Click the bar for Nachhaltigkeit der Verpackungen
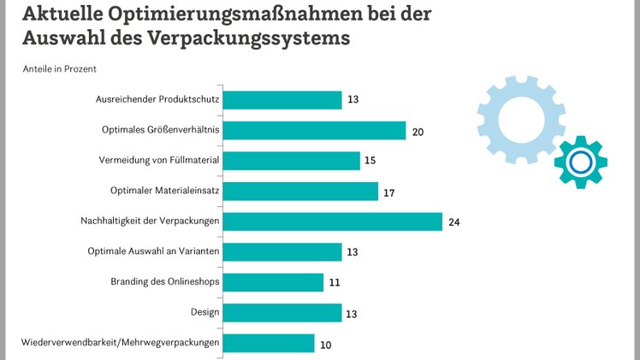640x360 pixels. tap(333, 221)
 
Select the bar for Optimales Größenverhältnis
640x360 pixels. tap(314, 131)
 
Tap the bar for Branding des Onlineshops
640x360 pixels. tap(274, 282)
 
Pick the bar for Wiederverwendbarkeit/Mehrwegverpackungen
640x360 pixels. tap(269, 343)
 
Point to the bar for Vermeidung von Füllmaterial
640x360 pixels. tap(292, 161)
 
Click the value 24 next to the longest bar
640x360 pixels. tap(455, 222)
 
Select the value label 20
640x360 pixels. tap(418, 132)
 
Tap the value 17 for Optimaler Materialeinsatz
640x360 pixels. tap(388, 192)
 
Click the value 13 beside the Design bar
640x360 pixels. tap(353, 314)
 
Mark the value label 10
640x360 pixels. tap(325, 344)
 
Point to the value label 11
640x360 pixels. tap(335, 283)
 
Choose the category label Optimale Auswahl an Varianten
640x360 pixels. tap(154, 251)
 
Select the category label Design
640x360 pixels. tap(205, 312)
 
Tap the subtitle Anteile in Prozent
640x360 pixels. tap(58, 68)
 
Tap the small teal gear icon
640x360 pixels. tap(580, 161)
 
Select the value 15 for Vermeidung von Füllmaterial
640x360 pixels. tap(370, 162)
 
